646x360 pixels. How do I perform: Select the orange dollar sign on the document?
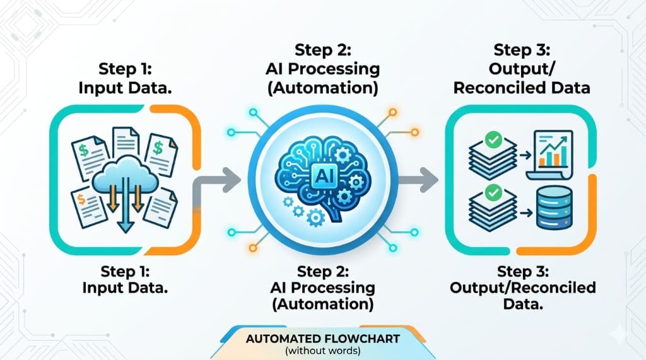83,200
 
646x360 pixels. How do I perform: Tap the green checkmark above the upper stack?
493,136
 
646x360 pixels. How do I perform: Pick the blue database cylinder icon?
553,207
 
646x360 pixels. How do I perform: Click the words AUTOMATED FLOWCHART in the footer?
322,339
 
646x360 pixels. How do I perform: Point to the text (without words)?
322,350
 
